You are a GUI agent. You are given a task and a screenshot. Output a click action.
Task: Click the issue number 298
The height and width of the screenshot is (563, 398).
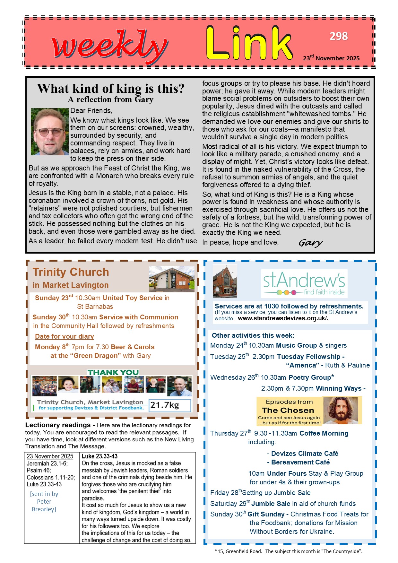coord(339,36)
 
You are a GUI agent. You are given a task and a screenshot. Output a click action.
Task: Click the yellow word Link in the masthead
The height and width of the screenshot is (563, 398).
coord(249,44)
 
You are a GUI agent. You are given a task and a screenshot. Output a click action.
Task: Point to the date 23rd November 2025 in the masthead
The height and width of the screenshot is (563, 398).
coord(331,58)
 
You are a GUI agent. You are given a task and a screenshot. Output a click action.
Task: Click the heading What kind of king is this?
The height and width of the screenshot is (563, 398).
coord(111,89)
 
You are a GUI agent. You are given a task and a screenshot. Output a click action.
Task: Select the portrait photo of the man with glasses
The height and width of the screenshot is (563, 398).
coord(49,132)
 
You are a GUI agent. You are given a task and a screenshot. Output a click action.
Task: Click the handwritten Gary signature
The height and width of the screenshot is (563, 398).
coord(310,243)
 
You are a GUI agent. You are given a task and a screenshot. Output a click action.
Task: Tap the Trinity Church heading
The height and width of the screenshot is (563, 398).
coord(71,272)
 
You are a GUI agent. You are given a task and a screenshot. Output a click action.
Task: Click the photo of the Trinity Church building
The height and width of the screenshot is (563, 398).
coord(171,278)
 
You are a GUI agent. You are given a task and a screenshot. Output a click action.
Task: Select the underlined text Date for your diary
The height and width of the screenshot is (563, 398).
coord(65,336)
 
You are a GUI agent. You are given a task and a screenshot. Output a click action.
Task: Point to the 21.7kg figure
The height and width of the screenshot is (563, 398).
coord(165,405)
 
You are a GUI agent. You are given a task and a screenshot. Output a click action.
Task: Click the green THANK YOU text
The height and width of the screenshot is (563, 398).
coord(113,372)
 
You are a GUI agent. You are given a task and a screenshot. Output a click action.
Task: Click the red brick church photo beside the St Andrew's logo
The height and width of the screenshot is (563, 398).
coord(225,281)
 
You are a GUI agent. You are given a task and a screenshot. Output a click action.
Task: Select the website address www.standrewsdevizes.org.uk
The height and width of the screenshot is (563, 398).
coord(283,318)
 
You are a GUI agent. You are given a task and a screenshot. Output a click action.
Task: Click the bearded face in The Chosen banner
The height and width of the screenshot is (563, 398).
coord(341,410)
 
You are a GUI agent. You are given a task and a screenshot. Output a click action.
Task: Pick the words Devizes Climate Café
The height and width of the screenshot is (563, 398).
coord(305,454)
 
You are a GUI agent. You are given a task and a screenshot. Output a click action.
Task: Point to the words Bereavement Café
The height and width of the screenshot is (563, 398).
coord(300,462)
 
